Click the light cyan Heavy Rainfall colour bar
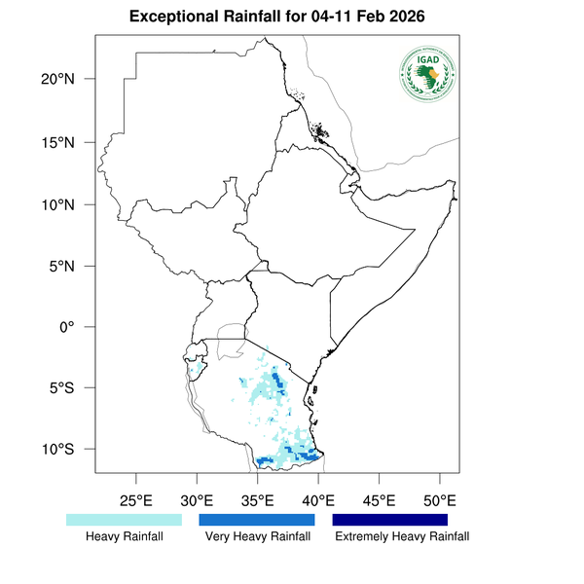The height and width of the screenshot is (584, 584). click(124, 520)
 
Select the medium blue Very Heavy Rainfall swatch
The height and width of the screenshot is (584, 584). click(257, 520)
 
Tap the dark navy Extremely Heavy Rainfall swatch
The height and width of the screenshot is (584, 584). click(390, 520)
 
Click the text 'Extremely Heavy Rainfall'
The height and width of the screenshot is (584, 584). click(401, 536)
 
